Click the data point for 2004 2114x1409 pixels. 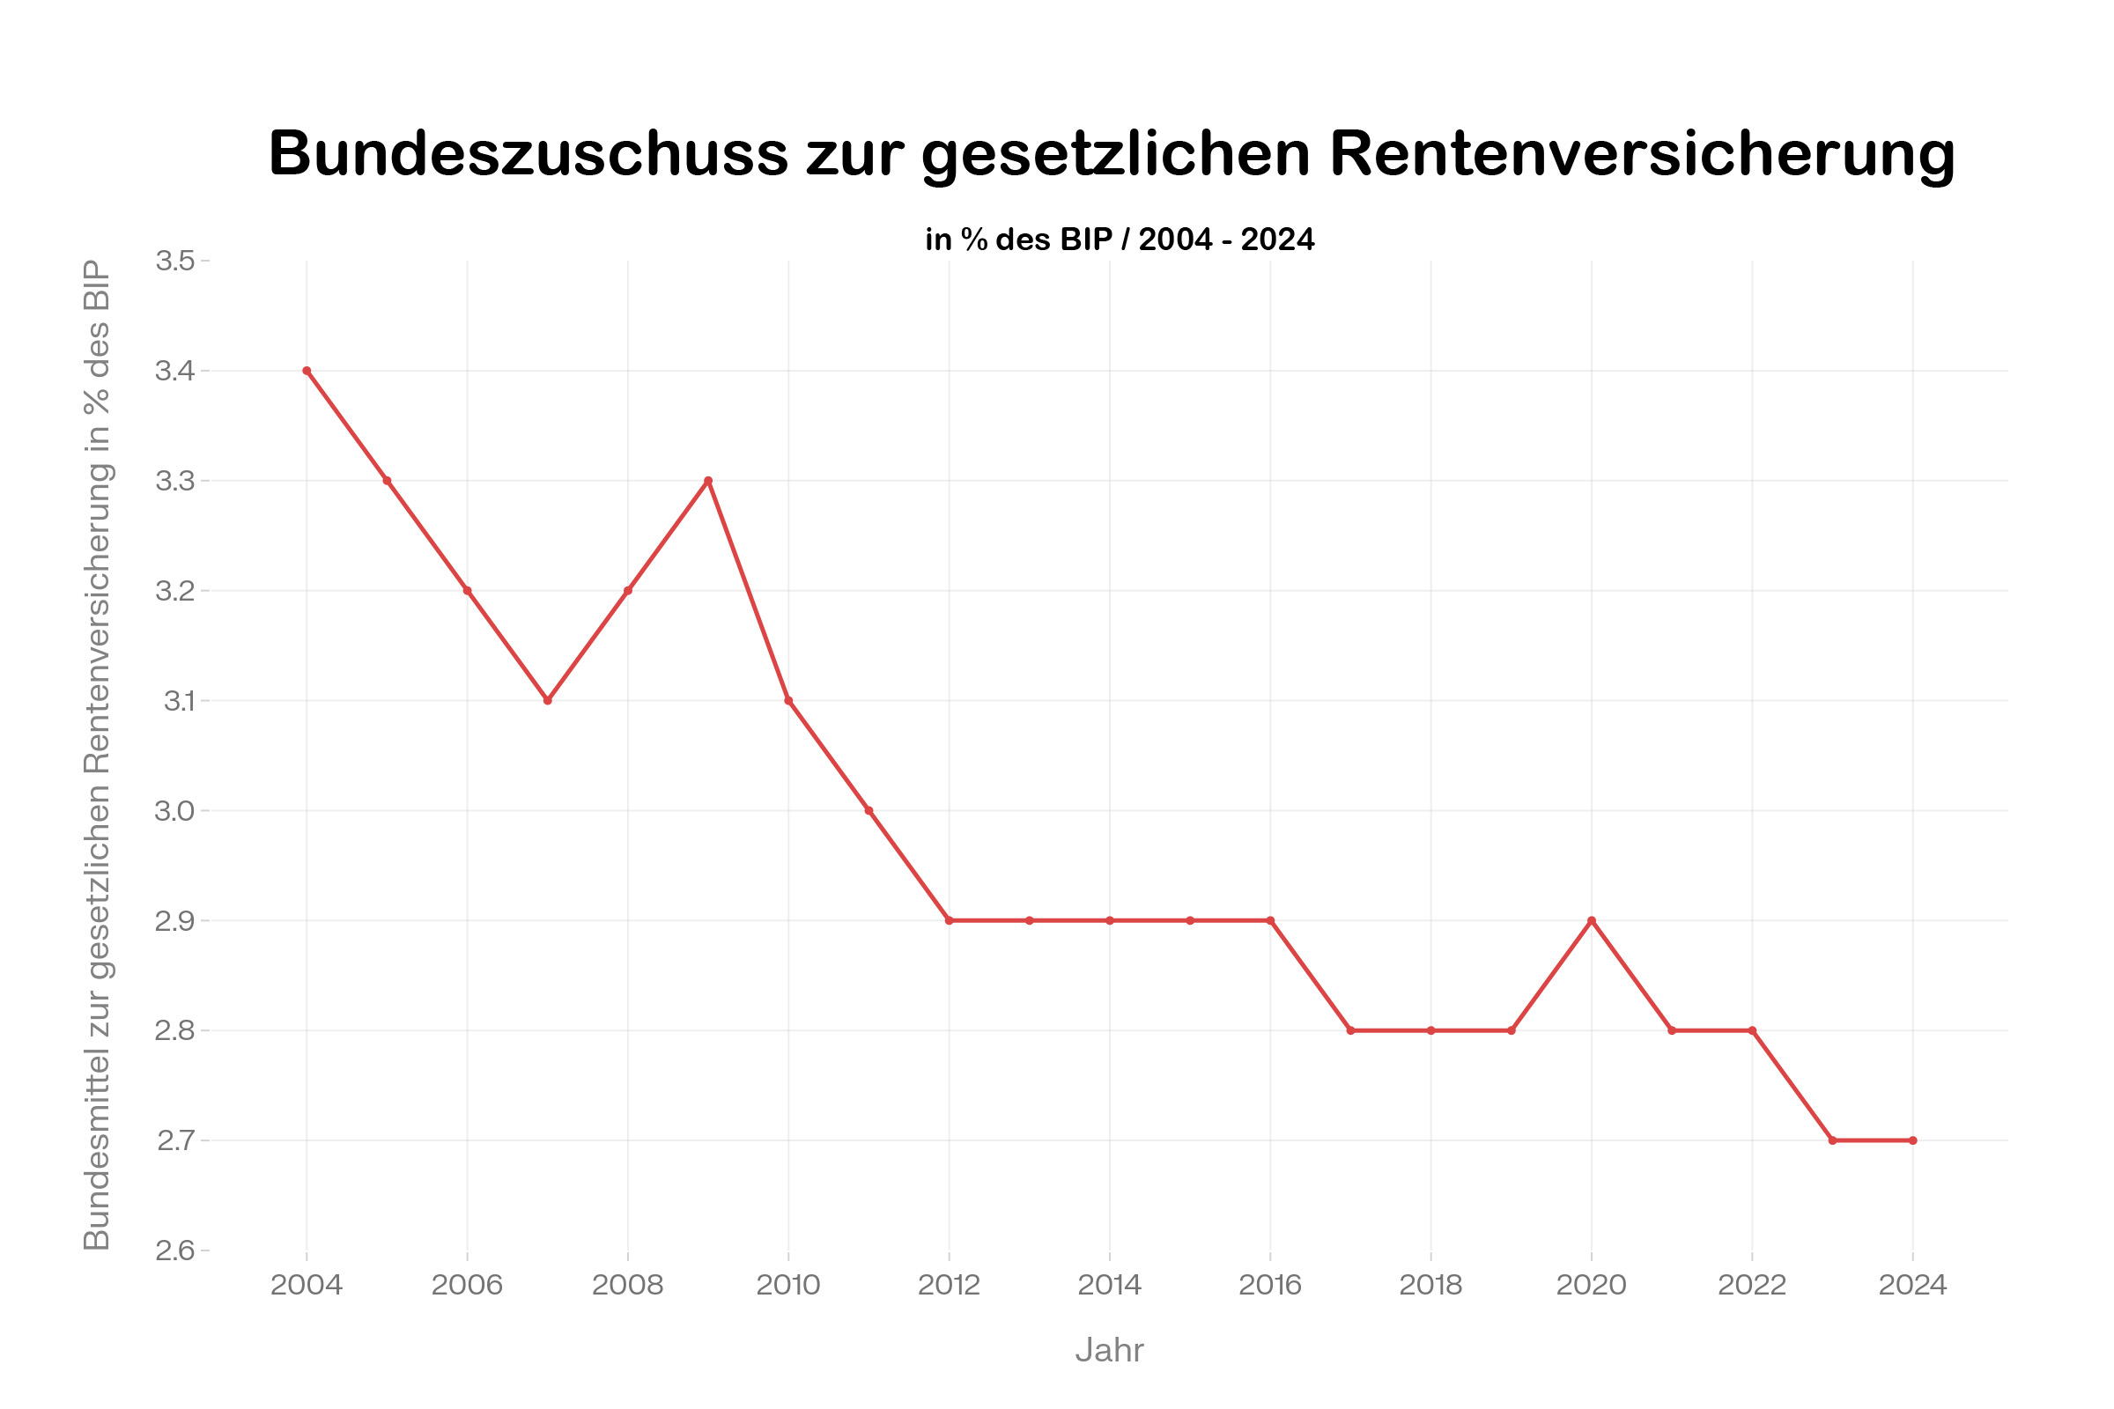click(307, 370)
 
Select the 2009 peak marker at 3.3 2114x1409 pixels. click(708, 481)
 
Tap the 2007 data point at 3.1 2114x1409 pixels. click(547, 700)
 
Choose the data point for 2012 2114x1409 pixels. click(950, 920)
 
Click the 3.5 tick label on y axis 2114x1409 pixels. click(175, 261)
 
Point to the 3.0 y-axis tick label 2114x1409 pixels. click(175, 810)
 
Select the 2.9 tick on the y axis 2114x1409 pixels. click(175, 920)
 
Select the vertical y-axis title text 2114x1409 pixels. click(97, 755)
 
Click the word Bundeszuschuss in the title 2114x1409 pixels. click(528, 153)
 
